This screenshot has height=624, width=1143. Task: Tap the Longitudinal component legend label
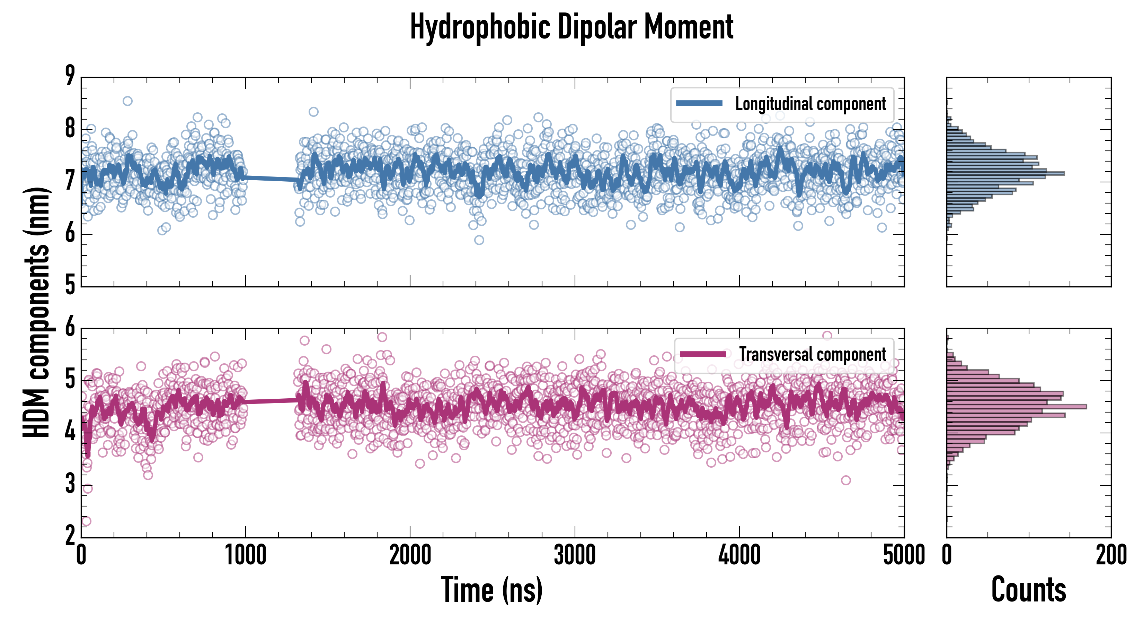[x=810, y=104]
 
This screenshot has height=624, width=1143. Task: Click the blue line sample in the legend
[x=699, y=104]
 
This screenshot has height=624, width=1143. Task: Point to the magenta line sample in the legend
[x=703, y=354]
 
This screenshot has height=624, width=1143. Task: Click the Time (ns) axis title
[x=491, y=589]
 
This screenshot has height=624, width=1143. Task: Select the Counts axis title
[x=1028, y=589]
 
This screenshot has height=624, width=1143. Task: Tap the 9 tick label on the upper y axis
[x=70, y=76]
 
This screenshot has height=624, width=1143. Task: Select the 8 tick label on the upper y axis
[x=70, y=129]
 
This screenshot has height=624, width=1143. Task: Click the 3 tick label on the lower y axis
[x=70, y=484]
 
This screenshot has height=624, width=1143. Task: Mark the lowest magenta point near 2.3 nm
[x=86, y=521]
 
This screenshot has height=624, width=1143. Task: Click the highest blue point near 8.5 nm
[x=127, y=101]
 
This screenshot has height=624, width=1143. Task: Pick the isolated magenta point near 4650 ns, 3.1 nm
[x=846, y=480]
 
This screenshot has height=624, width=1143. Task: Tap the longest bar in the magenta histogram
[x=1016, y=406]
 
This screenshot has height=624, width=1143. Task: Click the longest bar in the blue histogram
[x=1005, y=173]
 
